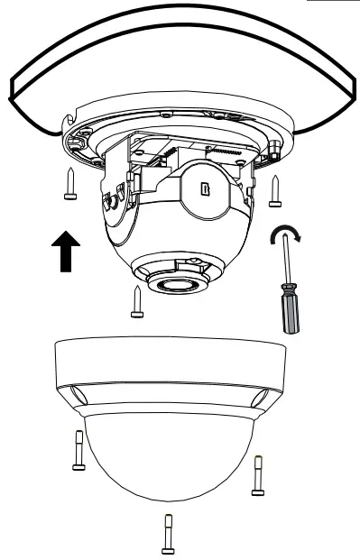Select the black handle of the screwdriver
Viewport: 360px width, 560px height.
tap(291, 312)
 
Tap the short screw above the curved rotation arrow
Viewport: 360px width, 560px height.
tap(274, 188)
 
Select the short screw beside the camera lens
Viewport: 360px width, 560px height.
tap(135, 299)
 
